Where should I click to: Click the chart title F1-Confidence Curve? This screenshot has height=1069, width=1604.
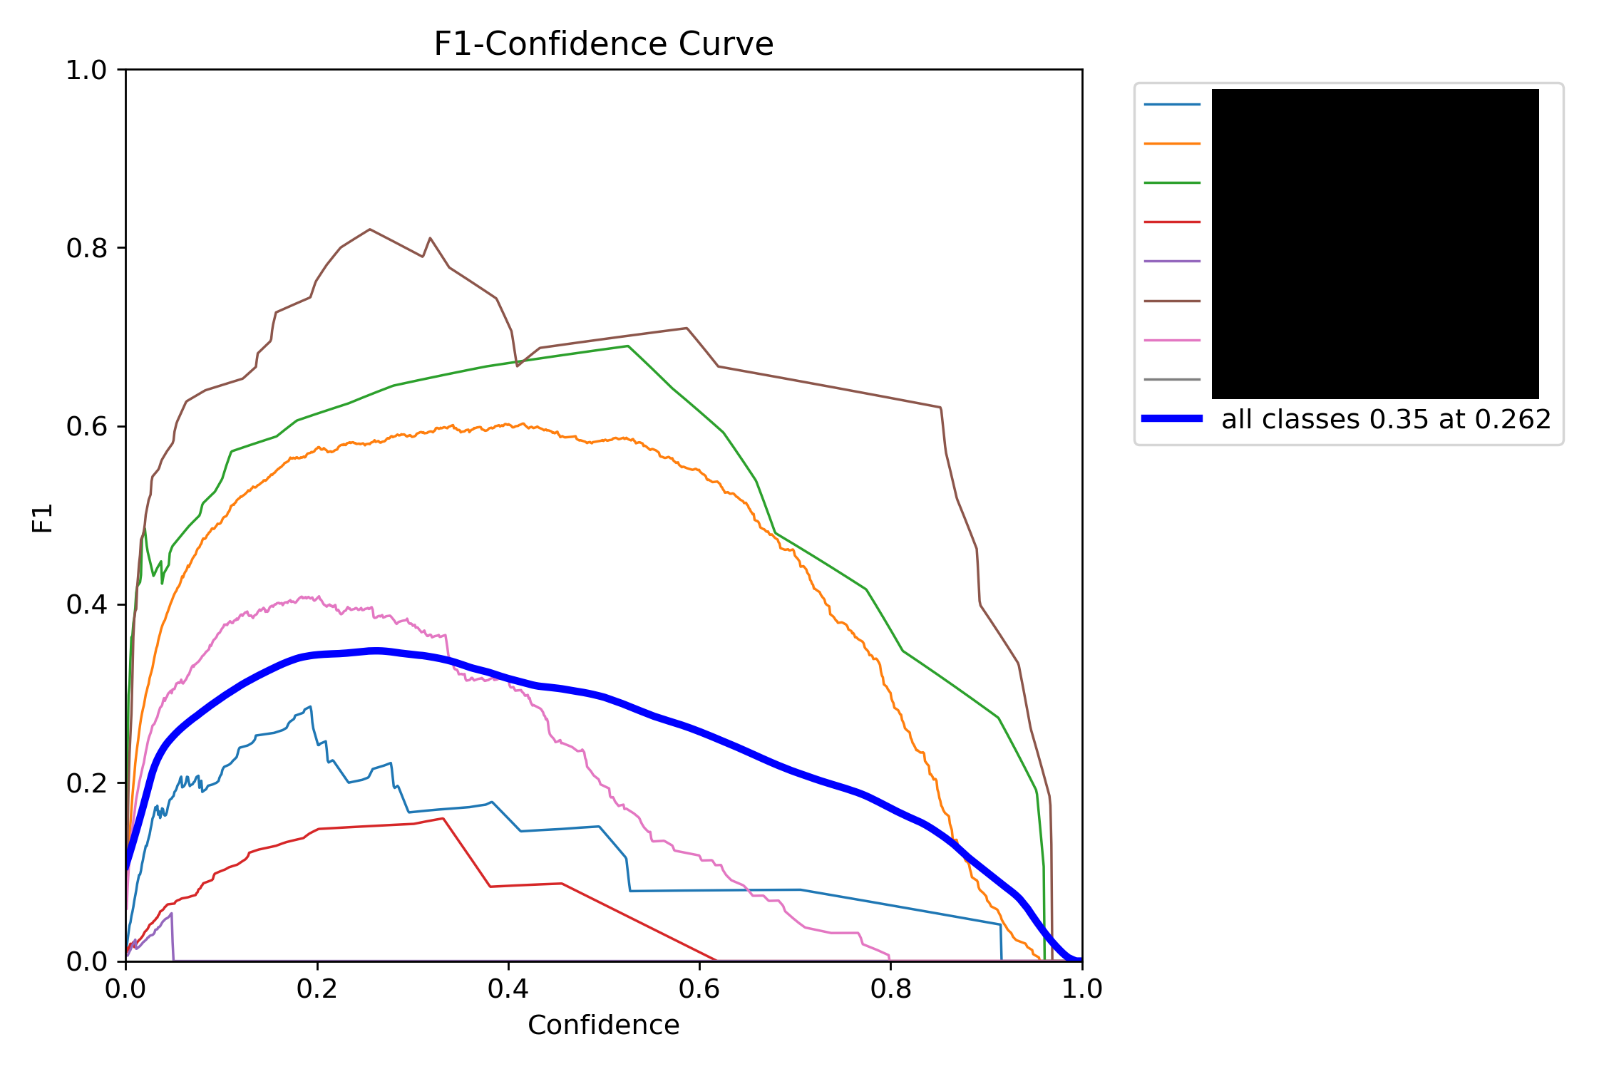(x=603, y=44)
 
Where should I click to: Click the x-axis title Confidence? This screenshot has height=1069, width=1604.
(x=603, y=1025)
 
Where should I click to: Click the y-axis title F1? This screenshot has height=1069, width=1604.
(x=43, y=518)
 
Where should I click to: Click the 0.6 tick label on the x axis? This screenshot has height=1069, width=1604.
(x=699, y=988)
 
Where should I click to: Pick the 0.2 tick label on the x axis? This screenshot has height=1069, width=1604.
(x=317, y=988)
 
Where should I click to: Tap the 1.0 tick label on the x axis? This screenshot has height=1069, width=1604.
(x=1081, y=988)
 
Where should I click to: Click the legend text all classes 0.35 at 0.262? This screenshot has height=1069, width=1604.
(x=1386, y=419)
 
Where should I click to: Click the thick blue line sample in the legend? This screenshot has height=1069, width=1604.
(x=1172, y=418)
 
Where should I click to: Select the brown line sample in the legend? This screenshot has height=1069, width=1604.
(x=1172, y=301)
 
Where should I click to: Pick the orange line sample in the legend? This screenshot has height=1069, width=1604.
(x=1172, y=143)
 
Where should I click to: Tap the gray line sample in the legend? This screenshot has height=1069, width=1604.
(x=1172, y=379)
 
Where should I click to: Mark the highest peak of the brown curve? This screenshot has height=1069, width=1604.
(x=369, y=229)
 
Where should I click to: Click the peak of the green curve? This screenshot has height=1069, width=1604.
(x=627, y=346)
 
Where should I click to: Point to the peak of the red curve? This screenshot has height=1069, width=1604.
(x=443, y=818)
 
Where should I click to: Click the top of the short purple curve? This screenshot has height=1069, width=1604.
(x=171, y=914)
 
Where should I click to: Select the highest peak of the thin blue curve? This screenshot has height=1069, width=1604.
(x=310, y=706)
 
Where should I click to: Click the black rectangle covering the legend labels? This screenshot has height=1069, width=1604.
(x=1375, y=244)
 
